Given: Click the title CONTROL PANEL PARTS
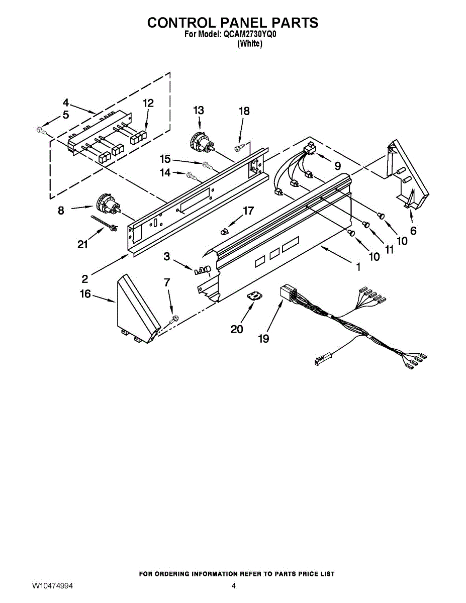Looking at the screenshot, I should [x=232, y=23].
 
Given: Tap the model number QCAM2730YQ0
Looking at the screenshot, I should [x=249, y=35].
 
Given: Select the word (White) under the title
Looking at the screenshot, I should [x=249, y=44].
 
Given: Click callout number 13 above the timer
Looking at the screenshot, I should [x=199, y=110].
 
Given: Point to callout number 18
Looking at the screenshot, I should [x=244, y=111].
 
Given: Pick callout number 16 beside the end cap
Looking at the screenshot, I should [x=85, y=294].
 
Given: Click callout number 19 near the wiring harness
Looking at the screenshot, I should [x=263, y=339].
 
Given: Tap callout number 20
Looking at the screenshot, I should [x=237, y=329].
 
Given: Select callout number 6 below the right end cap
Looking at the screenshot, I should [x=413, y=231].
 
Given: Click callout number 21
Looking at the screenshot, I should [x=82, y=245].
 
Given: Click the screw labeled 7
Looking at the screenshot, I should [x=175, y=319].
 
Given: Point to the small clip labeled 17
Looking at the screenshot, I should [x=225, y=231].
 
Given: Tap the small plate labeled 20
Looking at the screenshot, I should [x=256, y=296].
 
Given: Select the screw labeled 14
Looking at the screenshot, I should [x=192, y=175].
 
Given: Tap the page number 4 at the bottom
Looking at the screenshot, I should [x=233, y=586].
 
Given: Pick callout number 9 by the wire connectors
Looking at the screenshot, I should [x=337, y=165].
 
